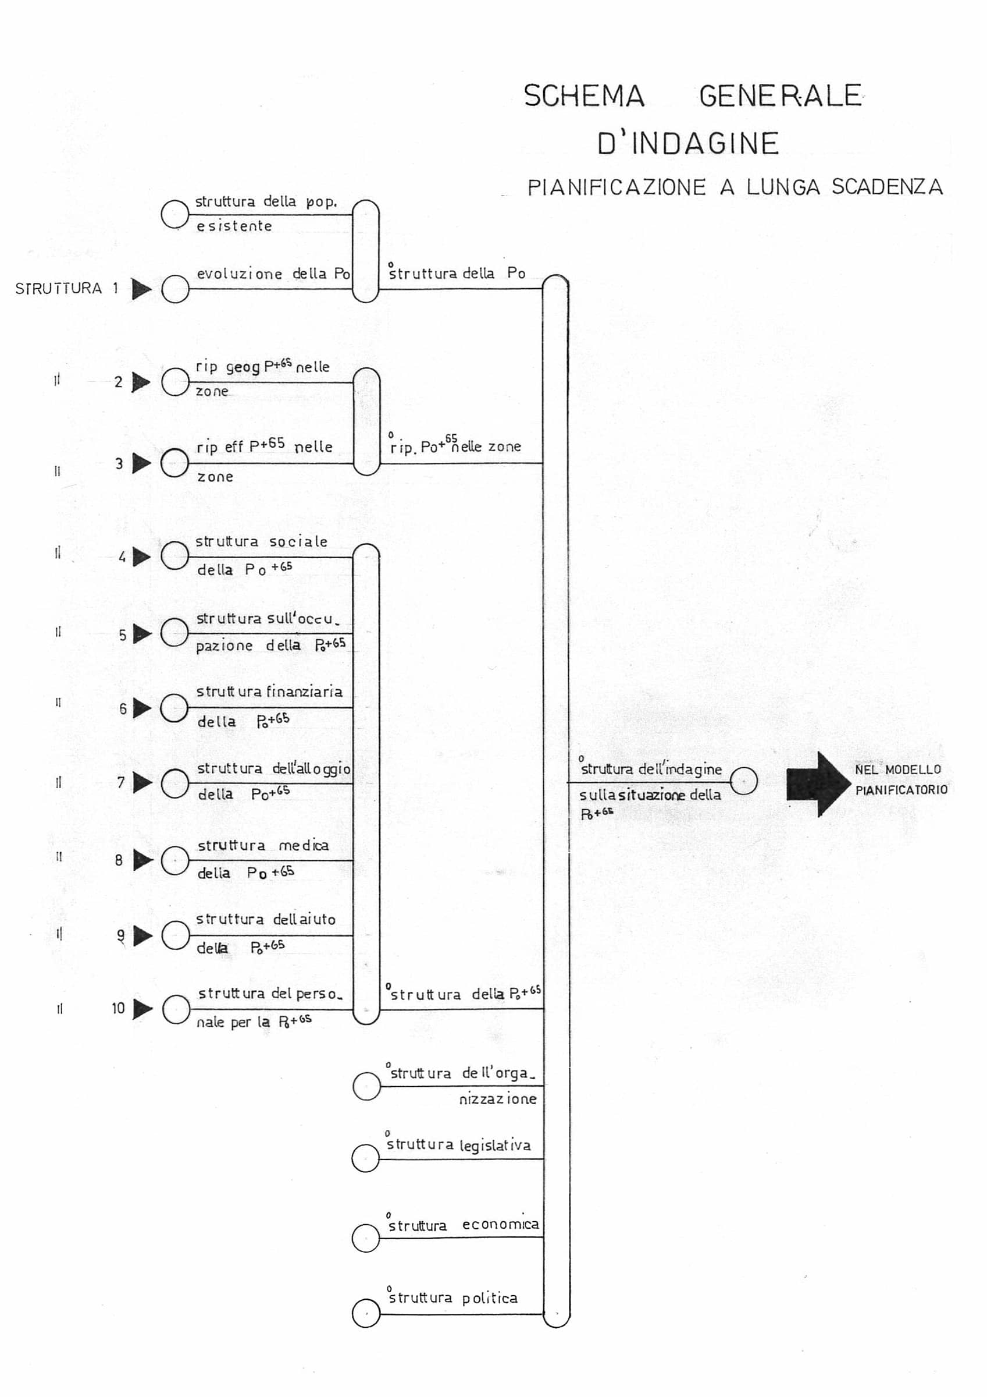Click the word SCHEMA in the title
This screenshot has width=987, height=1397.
[584, 96]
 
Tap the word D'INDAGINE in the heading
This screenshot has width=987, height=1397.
[688, 144]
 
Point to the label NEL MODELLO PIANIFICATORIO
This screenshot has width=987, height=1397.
[901, 779]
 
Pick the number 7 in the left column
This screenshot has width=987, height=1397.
[121, 782]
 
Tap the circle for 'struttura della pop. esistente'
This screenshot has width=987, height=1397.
[175, 214]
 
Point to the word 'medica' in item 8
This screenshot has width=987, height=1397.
[304, 845]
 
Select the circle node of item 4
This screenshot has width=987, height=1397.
[175, 556]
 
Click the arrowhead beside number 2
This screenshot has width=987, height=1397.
[141, 382]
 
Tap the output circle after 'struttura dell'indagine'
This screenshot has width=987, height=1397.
[743, 781]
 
